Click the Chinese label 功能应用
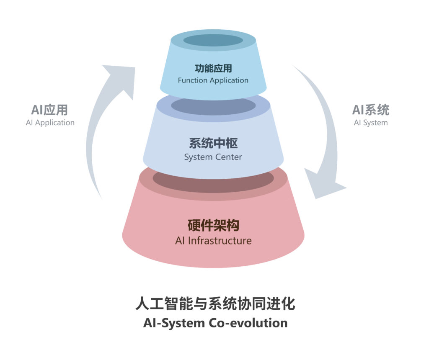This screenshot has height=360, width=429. [213, 68]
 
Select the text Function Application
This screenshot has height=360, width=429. [213, 80]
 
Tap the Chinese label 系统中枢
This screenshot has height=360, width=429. [213, 144]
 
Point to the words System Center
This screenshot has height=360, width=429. [213, 157]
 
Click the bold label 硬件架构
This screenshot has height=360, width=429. [213, 226]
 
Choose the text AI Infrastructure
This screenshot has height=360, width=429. [213, 241]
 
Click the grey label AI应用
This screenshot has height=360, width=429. [49, 110]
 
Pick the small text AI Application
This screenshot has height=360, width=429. [50, 123]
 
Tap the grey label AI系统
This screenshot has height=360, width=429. [370, 110]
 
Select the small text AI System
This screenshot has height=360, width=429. [370, 123]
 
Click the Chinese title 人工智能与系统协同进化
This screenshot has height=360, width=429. [215, 303]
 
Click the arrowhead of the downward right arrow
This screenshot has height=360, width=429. [325, 184]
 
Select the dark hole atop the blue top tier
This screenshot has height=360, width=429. [213, 40]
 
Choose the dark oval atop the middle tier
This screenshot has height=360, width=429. [213, 105]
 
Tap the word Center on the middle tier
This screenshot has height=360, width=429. [228, 157]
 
